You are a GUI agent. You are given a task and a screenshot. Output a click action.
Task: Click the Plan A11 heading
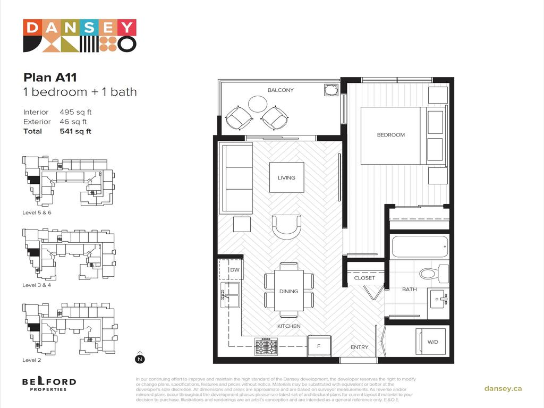54,78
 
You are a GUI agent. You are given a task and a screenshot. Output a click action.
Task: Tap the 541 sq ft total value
75,131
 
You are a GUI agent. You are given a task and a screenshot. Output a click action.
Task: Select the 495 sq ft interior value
75,112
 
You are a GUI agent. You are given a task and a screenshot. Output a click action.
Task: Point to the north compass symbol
140,358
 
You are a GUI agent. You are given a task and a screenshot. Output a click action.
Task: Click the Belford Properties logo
49,384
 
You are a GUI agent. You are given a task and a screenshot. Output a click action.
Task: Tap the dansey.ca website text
503,388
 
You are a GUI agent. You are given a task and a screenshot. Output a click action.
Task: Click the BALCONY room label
280,90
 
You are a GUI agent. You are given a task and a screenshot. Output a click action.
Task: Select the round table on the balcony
258,104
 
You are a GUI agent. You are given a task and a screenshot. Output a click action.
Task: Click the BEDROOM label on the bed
390,135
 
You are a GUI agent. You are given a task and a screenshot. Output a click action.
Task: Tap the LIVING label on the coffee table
286,177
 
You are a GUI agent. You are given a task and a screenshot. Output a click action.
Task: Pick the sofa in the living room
236,178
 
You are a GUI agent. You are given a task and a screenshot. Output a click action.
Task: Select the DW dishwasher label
234,270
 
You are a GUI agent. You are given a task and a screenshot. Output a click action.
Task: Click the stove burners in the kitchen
266,346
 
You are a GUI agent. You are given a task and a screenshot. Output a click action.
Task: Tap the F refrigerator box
320,346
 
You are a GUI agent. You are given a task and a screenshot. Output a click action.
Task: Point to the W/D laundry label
433,342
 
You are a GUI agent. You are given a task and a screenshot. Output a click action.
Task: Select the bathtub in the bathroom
420,247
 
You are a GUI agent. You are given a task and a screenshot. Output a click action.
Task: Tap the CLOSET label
364,278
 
